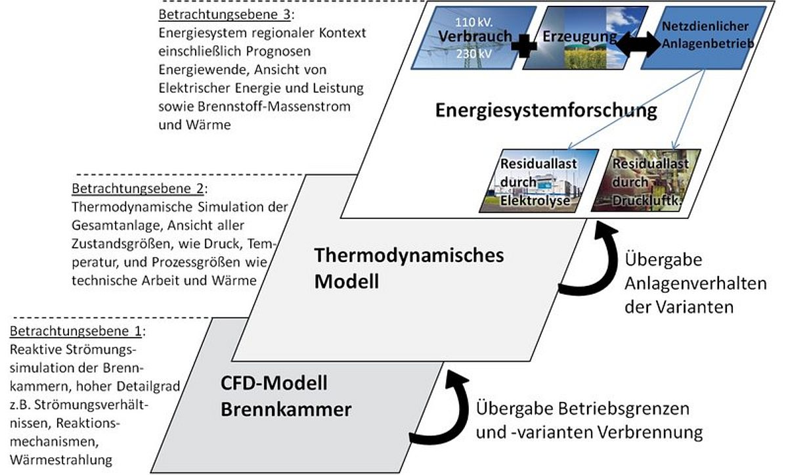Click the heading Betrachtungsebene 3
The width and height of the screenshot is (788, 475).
click(x=225, y=14)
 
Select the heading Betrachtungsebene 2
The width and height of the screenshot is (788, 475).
click(x=137, y=189)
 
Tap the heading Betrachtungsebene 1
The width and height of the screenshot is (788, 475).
click(x=76, y=331)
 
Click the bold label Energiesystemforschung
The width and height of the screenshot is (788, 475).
click(x=546, y=111)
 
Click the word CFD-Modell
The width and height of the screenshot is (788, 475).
click(x=274, y=383)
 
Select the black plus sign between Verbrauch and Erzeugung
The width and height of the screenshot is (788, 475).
click(x=524, y=46)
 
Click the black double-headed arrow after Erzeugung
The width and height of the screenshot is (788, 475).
click(x=638, y=44)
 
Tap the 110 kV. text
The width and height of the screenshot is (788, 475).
click(x=474, y=22)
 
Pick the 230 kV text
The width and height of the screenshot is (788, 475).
click(x=474, y=54)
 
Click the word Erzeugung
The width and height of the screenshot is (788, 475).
click(x=580, y=37)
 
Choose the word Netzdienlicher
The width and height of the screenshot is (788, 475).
click(x=705, y=26)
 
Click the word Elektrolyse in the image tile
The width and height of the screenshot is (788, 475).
click(x=535, y=200)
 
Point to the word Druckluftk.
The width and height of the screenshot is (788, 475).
click(x=647, y=200)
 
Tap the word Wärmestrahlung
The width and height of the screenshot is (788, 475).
click(x=61, y=460)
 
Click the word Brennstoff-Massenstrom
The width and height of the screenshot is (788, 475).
click(x=274, y=106)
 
